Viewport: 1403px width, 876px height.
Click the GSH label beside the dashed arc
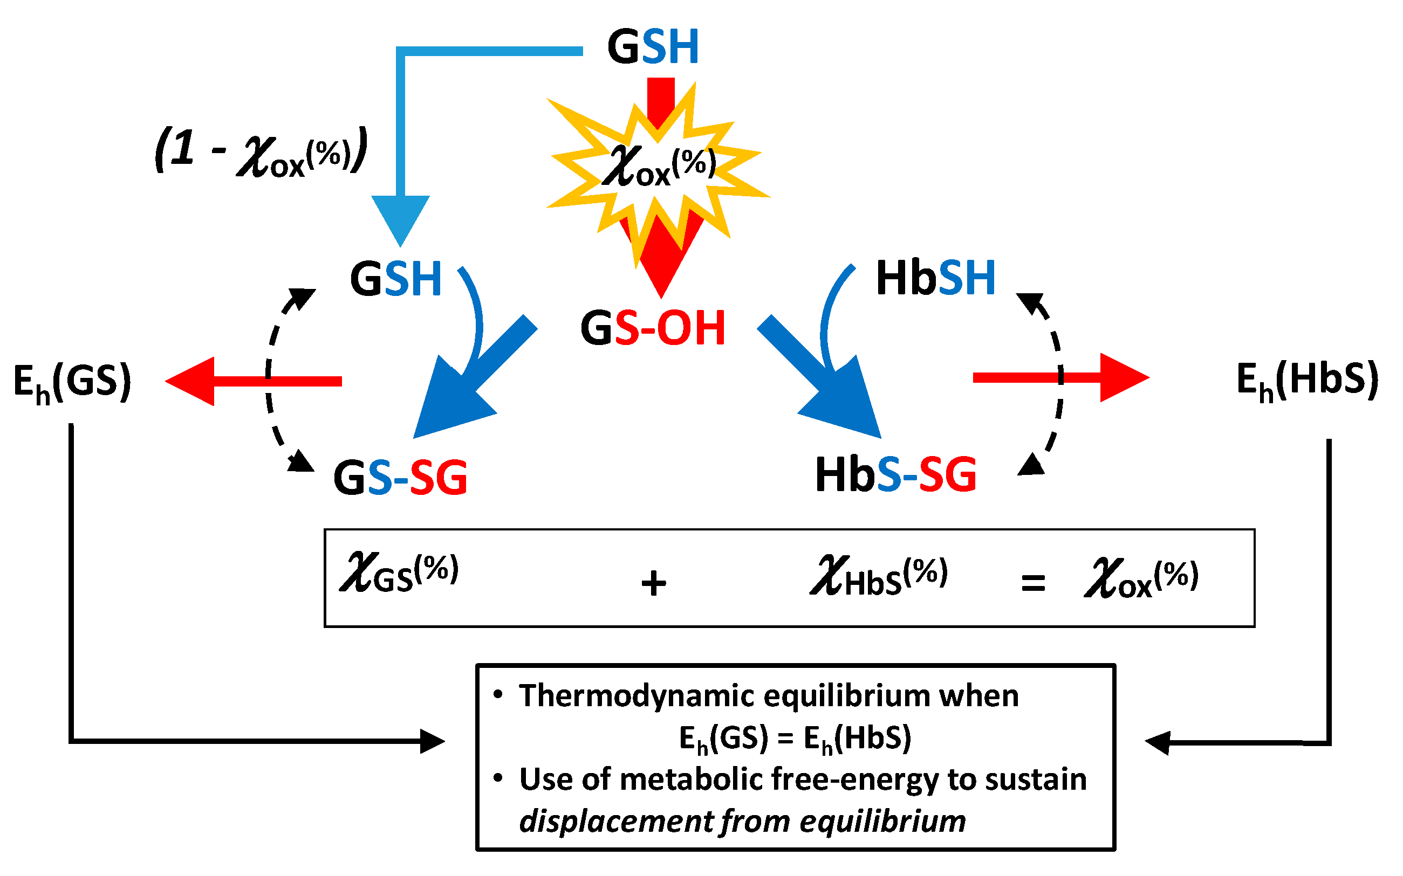pos(396,279)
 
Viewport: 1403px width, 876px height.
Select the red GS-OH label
pos(653,328)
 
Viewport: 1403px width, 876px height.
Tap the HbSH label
pos(936,278)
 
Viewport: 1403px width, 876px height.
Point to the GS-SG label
pos(400,478)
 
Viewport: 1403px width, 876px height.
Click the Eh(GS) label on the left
pos(72,382)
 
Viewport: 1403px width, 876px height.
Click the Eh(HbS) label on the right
pos(1308,380)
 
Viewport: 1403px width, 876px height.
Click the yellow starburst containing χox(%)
pos(658,168)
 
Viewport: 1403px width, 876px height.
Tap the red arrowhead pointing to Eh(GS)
pos(191,381)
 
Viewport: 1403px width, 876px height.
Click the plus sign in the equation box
pos(653,583)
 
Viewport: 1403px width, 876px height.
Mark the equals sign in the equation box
pos(1033,583)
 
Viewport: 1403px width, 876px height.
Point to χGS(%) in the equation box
pos(400,574)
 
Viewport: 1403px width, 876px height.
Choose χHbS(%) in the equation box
pos(878,576)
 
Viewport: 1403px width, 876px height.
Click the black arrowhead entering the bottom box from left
pos(432,741)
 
